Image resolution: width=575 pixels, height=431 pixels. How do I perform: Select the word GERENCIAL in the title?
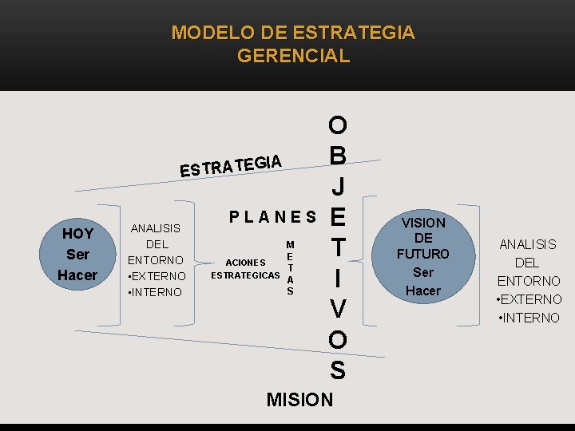coord(293,56)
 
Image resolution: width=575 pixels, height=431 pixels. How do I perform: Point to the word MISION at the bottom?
coord(299,399)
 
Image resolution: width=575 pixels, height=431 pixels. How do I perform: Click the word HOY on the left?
coord(77,234)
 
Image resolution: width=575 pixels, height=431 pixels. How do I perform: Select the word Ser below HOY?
coord(77,255)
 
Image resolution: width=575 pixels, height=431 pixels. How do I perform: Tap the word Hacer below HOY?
coord(77,275)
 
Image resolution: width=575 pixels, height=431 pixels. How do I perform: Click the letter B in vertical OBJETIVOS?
coord(337,155)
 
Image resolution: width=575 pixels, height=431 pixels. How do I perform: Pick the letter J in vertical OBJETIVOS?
coord(338,186)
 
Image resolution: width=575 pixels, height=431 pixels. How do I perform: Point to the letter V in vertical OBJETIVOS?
coord(337,309)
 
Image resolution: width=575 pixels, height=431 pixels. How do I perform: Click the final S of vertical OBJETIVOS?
coord(337,370)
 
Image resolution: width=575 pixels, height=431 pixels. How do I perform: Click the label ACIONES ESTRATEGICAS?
coord(245,269)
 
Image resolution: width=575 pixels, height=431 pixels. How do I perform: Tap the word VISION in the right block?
coord(423,223)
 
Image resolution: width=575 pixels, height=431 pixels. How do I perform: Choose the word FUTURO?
coord(423,255)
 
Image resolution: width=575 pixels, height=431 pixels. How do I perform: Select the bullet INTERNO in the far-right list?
coord(529,318)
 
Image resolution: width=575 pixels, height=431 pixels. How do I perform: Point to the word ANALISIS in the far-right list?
coord(529,244)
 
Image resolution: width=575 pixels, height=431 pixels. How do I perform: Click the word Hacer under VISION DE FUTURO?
coord(423,291)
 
